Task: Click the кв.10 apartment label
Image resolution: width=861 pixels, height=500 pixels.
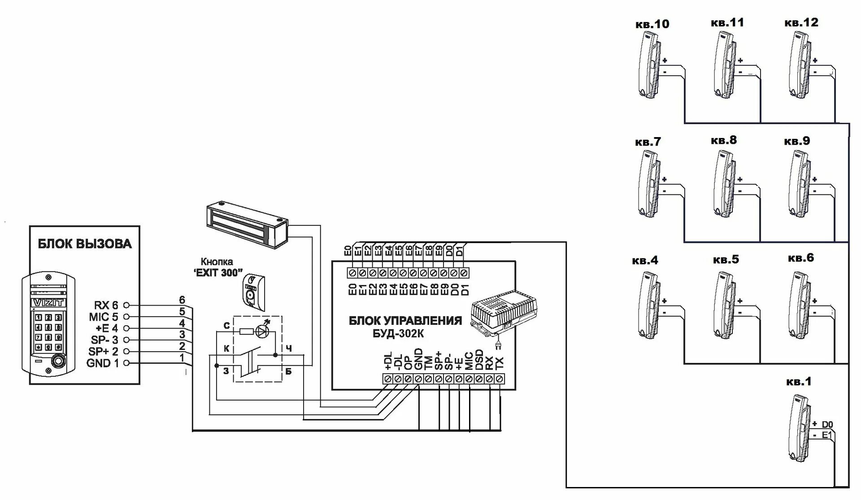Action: point(652,24)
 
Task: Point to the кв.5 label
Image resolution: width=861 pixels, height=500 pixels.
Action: point(726,260)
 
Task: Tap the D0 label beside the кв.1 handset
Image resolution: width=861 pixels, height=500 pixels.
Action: point(827,424)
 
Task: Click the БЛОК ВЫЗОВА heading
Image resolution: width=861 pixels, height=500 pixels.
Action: point(84,244)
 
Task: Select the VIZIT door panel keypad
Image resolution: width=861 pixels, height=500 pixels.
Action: point(48,332)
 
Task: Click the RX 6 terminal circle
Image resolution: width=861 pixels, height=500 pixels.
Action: point(126,305)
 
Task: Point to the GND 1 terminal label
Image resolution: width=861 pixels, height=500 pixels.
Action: point(103,363)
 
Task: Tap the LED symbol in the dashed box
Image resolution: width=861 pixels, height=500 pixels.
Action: point(262,331)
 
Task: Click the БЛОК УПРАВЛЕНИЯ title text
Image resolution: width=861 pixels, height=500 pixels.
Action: point(405,321)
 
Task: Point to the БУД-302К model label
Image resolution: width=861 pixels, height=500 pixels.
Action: point(398,334)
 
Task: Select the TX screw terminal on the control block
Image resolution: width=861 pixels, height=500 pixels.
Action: point(500,379)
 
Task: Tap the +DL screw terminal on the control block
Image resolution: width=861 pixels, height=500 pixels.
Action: point(387,379)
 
